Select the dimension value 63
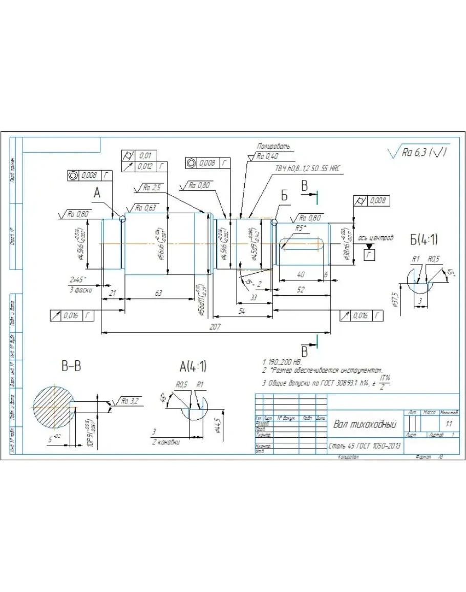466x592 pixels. (x=158, y=292)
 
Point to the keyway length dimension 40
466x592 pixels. (x=301, y=274)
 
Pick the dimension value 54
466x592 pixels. (x=241, y=310)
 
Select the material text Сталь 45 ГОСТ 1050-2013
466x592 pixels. (x=364, y=446)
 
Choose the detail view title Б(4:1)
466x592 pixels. (x=423, y=239)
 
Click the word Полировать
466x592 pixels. (x=273, y=146)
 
